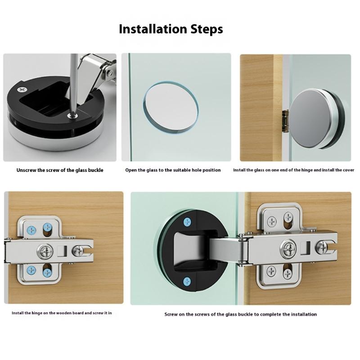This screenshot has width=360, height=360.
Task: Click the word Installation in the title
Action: [153, 29]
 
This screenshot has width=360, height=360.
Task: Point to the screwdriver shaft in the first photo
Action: [74, 84]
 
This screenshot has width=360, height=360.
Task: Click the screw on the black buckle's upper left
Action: [22, 90]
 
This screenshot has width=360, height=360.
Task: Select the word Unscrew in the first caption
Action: [26, 171]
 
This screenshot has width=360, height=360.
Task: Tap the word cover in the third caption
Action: [348, 170]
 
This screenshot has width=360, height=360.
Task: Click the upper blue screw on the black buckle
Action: [187, 222]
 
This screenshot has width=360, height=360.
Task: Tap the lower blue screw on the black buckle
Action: [187, 282]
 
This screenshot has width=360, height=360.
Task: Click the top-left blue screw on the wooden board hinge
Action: [31, 230]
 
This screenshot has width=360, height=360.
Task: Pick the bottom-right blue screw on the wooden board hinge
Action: [47, 273]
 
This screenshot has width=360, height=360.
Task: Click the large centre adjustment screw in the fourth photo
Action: [45, 252]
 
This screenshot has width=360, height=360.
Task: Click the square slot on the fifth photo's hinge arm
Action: [307, 248]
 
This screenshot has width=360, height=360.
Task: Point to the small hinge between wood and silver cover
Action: [285, 121]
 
